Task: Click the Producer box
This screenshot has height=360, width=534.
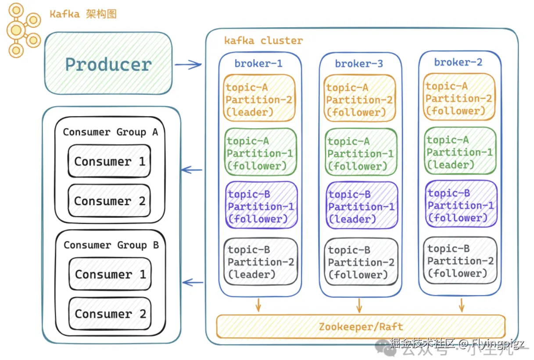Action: click(x=108, y=64)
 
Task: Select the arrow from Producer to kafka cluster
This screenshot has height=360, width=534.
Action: click(x=188, y=65)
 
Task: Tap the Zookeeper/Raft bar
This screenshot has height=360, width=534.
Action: click(x=361, y=327)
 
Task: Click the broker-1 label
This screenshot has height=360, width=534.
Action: click(x=258, y=64)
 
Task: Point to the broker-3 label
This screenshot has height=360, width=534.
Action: click(x=359, y=64)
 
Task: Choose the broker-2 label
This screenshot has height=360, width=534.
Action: click(x=458, y=62)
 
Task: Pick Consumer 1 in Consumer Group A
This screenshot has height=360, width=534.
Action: click(x=109, y=162)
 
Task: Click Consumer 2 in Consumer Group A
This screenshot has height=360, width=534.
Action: click(x=109, y=201)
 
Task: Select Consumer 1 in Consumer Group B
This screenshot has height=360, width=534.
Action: click(x=110, y=274)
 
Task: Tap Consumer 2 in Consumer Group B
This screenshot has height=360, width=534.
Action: click(x=110, y=314)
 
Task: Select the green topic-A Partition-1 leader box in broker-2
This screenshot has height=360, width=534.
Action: click(x=460, y=152)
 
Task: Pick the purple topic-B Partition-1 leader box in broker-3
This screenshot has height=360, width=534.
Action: click(x=362, y=206)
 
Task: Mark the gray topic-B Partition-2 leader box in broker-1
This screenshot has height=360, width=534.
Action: click(x=261, y=262)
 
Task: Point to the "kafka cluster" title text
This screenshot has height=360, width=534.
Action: click(x=263, y=41)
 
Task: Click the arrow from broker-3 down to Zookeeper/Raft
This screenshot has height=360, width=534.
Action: click(x=359, y=306)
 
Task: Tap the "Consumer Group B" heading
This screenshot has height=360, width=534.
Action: click(x=111, y=245)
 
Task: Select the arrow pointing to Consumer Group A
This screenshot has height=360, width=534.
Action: click(x=192, y=169)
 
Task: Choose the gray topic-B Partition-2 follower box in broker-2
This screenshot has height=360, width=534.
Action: click(x=460, y=261)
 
